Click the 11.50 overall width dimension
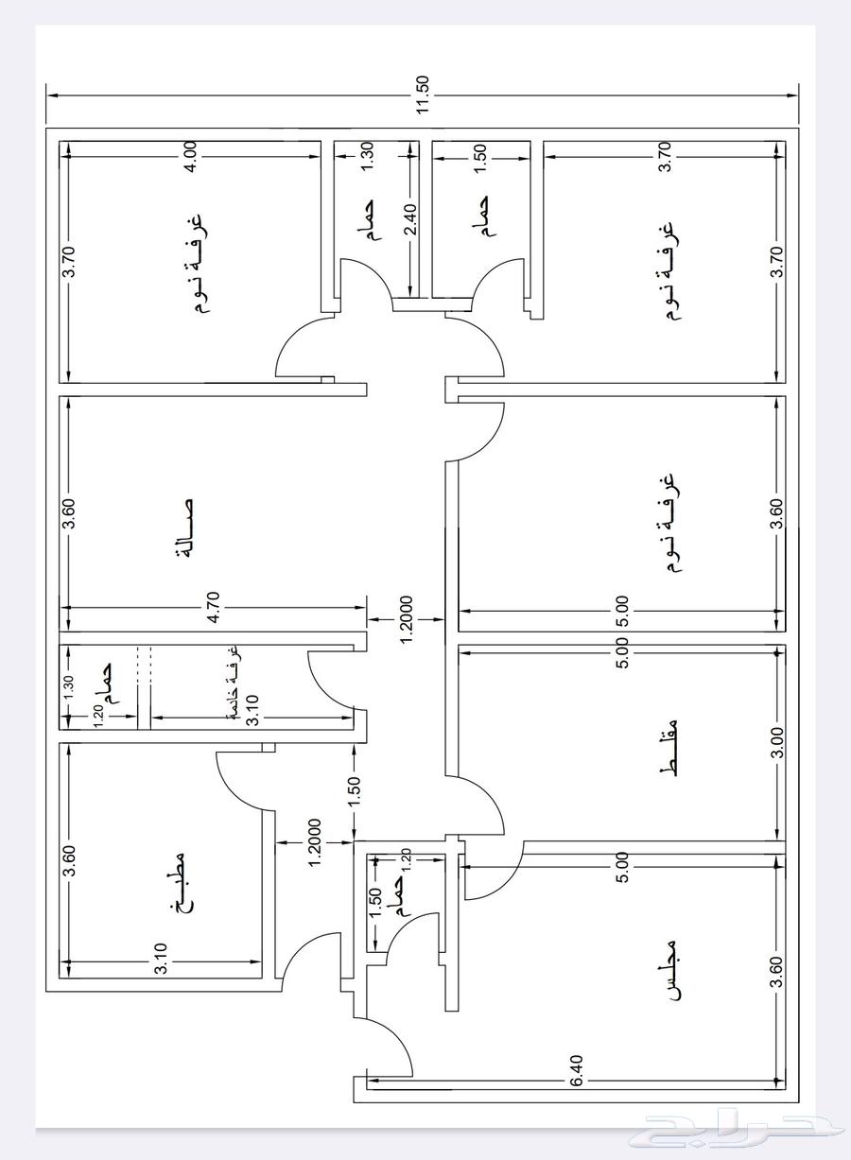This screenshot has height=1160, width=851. click(x=423, y=95)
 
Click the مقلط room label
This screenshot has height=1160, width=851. click(x=669, y=752)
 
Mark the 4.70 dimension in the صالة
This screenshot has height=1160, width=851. click(x=213, y=607)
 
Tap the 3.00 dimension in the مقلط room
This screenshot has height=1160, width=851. click(x=776, y=743)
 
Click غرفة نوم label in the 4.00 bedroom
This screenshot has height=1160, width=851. click(x=196, y=267)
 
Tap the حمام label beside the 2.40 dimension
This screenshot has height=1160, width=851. click(x=367, y=221)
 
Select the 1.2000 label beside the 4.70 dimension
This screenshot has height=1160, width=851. click(x=406, y=620)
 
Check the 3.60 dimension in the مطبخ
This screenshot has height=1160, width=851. click(x=68, y=860)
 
